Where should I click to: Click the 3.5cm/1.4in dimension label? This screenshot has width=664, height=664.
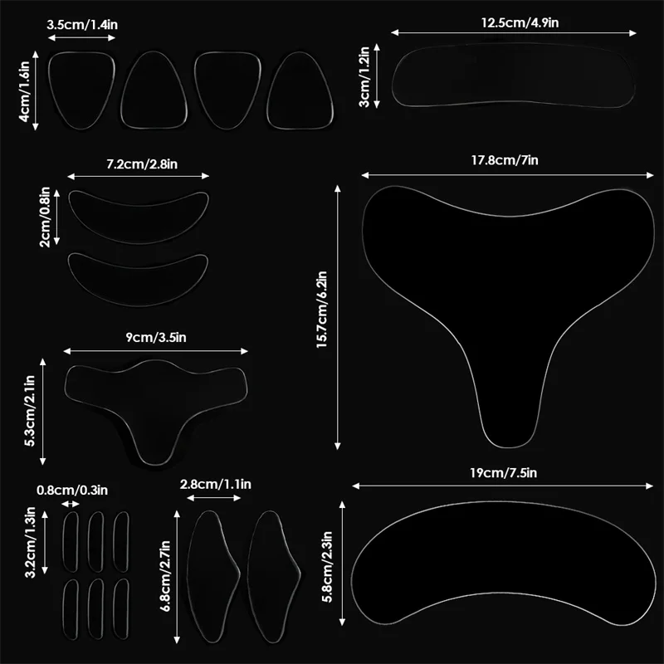pos(82,25)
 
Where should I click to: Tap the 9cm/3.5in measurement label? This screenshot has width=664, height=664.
pos(154,338)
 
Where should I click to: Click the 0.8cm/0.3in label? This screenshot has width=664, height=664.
pos(71,490)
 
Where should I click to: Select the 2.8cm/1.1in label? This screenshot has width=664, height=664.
pos(214,485)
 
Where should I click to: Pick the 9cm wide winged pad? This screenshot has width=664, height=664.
pos(157,403)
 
